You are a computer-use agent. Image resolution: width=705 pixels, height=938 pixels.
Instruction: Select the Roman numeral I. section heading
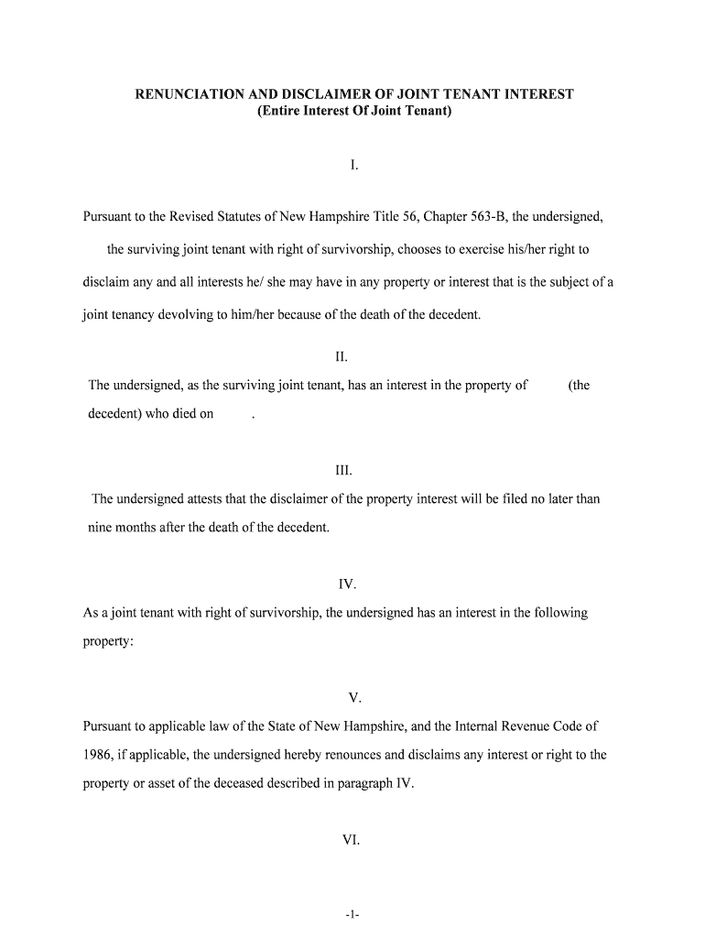point(353,166)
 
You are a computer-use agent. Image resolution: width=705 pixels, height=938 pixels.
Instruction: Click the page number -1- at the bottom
point(352,913)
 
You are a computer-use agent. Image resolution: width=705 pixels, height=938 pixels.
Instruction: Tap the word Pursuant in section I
point(109,217)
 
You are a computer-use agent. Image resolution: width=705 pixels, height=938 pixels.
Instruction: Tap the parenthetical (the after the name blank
point(579,386)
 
